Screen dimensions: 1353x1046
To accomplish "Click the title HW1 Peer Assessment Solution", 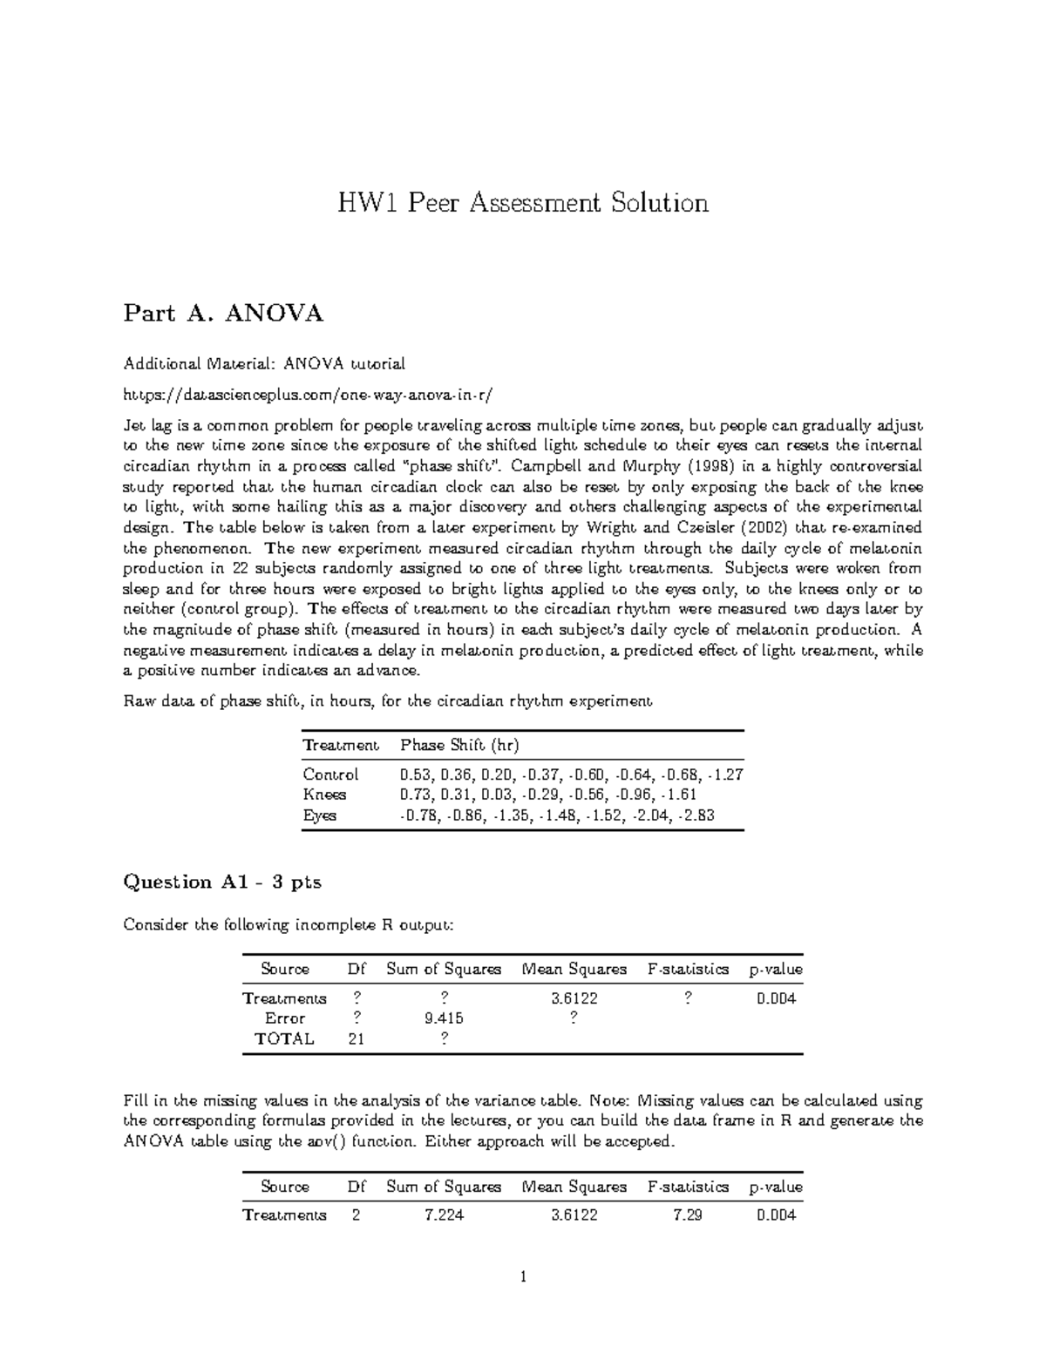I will pos(523,203).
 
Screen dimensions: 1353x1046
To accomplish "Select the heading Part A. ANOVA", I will pos(223,313).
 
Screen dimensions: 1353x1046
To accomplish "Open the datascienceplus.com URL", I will pos(308,394).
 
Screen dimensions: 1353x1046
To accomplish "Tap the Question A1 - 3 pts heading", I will pos(222,882).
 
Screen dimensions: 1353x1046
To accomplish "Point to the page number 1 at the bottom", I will pos(522,1277).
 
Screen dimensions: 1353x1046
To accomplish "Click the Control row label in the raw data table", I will pos(330,775).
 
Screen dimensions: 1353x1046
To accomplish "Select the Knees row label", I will pos(324,795).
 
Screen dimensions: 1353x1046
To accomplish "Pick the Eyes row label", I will pos(319,815).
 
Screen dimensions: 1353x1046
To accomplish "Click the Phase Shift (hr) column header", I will pos(459,745).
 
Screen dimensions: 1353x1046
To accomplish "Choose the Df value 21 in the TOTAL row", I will pos(356,1038).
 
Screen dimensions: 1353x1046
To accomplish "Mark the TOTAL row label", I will pos(284,1038).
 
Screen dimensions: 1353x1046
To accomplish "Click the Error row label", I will pos(284,1018).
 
